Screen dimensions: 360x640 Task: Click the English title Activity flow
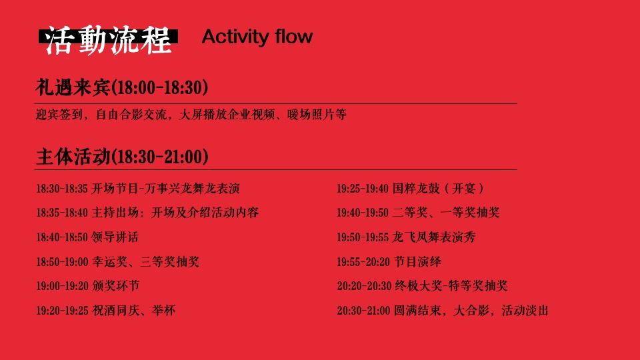point(257,37)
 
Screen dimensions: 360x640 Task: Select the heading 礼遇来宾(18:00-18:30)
point(122,87)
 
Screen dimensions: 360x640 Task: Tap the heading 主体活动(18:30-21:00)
point(122,157)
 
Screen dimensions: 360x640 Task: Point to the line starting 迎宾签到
point(191,115)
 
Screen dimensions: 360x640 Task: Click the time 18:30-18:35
point(62,189)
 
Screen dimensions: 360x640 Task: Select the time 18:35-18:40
point(62,213)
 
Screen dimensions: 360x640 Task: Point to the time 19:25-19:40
point(363,189)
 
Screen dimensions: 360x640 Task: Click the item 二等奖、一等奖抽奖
point(446,213)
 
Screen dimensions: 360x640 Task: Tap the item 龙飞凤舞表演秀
point(434,237)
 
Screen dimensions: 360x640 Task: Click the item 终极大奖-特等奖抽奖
point(450,286)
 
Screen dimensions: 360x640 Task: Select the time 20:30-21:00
point(363,311)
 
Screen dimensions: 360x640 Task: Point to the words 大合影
point(470,311)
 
